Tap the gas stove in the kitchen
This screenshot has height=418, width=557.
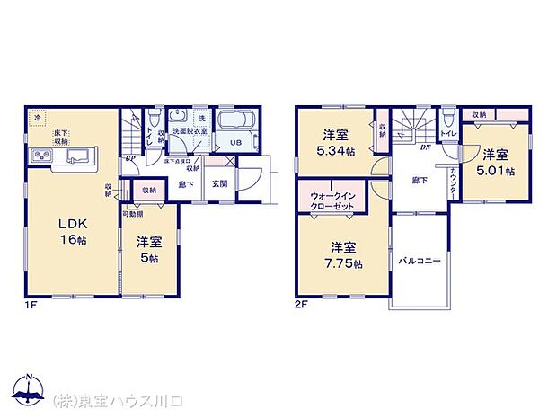42,157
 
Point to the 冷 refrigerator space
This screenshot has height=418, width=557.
37,118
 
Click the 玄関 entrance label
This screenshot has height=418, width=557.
219,184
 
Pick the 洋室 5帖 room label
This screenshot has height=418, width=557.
148,249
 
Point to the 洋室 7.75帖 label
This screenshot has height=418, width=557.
344,254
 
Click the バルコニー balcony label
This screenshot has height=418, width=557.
419,261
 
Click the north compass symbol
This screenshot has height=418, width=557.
29,390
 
